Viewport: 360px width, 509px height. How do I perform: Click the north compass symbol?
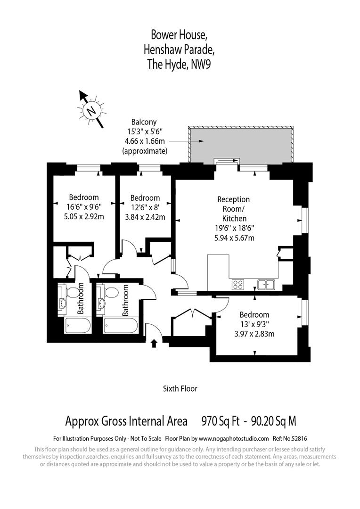(90, 110)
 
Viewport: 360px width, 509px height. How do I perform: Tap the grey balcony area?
(240, 144)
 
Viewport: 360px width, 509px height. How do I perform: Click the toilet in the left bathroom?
(73, 293)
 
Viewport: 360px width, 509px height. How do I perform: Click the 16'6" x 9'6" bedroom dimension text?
(84, 207)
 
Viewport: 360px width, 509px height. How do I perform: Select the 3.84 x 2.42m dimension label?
(145, 217)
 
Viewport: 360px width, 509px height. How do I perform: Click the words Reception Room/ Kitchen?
(234, 209)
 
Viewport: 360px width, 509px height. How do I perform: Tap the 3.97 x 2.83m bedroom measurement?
(254, 334)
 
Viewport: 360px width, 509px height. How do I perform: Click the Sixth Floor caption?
(180, 389)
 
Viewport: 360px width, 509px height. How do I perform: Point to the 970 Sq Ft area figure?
(220, 420)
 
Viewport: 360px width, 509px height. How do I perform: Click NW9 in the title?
(201, 65)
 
